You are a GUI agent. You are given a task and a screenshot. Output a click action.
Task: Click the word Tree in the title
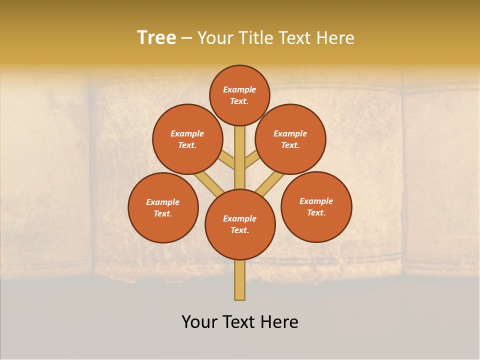156,38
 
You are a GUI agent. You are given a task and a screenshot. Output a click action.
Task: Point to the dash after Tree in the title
186,38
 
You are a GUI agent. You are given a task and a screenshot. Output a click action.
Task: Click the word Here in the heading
335,38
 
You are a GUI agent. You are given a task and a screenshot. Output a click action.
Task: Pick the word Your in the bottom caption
200,322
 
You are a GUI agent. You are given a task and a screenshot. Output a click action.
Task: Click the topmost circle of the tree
239,95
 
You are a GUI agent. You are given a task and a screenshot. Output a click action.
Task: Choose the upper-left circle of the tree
187,139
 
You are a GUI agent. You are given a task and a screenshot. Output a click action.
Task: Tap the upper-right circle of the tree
290,139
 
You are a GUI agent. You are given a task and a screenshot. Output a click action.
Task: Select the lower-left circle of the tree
163,207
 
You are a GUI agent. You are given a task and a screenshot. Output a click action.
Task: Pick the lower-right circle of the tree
316,206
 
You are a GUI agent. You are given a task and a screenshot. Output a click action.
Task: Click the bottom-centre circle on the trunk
240,224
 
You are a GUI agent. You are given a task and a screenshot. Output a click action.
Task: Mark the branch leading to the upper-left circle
227,161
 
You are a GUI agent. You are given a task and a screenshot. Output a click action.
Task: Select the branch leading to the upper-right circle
251,160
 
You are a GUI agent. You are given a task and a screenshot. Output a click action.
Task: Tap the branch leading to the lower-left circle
209,183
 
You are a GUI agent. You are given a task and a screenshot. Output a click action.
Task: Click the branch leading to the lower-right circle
270,184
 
